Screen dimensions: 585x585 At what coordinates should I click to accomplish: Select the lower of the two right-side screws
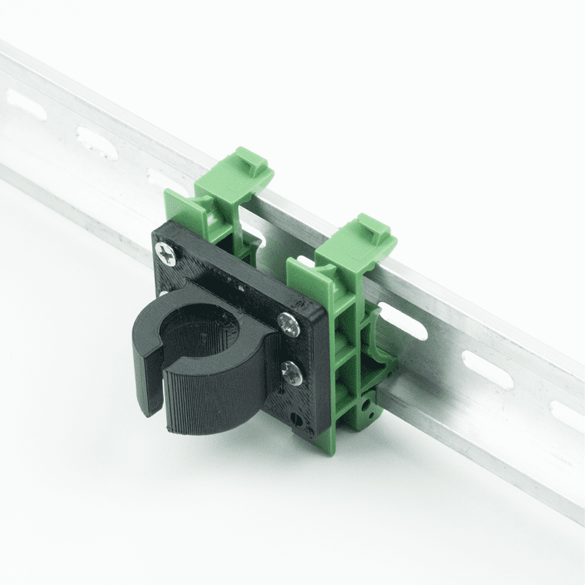click(x=292, y=372)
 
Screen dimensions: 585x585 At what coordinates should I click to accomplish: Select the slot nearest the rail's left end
click(x=26, y=105)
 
